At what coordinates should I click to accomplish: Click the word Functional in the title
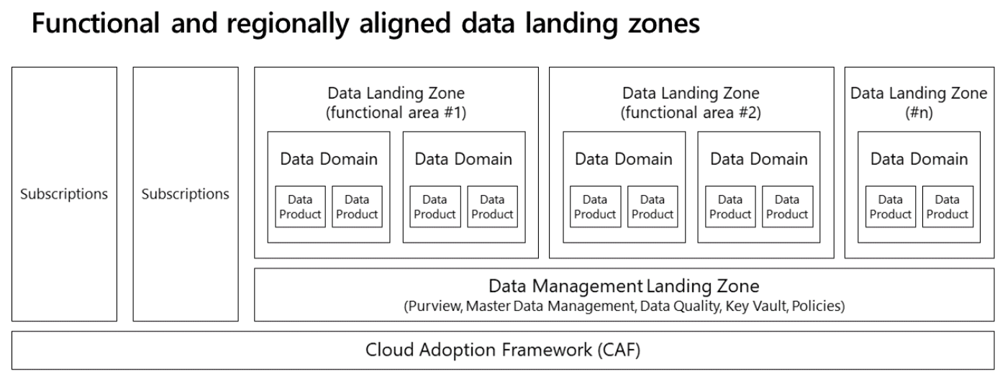96,23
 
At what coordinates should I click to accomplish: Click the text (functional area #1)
396,112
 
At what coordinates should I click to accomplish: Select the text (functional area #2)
691,112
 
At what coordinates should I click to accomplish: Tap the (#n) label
919,112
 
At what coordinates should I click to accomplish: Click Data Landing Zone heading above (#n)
919,93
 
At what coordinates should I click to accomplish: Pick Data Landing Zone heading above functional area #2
691,93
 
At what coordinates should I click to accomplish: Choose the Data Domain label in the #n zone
919,159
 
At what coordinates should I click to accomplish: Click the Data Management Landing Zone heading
624,286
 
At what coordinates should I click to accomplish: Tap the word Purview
435,307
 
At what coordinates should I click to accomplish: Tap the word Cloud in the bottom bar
389,350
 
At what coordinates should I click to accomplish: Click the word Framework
547,350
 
